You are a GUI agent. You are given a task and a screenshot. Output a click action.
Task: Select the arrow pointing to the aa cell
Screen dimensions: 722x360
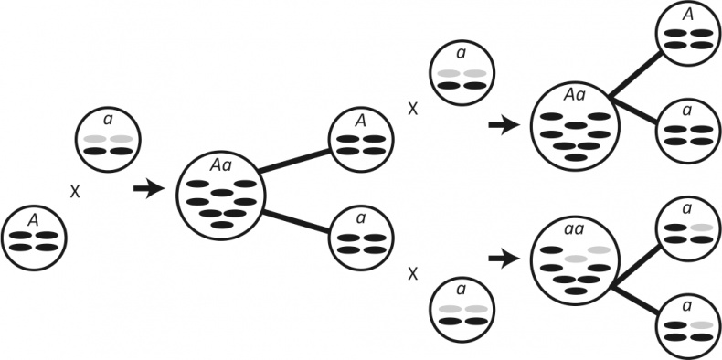pos(504,260)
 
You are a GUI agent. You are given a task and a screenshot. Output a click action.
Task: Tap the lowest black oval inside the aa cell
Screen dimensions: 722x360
pos(576,291)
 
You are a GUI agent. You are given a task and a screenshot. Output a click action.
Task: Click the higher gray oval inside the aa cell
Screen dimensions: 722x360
pos(599,250)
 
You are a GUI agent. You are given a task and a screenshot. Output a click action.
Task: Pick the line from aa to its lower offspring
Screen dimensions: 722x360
pos(635,301)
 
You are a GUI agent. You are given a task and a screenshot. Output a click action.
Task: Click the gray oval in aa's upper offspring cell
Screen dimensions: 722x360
pos(702,228)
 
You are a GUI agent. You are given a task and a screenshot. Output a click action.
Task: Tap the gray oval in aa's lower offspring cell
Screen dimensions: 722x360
pos(702,325)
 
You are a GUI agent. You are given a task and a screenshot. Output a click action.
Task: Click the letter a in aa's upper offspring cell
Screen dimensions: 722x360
pos(688,210)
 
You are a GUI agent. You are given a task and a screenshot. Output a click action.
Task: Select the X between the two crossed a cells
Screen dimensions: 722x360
pos(413,275)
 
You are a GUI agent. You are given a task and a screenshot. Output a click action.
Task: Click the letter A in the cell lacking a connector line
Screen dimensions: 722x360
pos(32,221)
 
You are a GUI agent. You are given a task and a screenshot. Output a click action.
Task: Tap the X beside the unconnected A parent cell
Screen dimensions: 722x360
pos(75,192)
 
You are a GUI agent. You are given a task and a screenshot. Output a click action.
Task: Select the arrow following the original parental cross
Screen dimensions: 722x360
pos(149,188)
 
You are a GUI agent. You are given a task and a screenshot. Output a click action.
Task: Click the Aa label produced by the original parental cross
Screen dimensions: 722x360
pos(219,165)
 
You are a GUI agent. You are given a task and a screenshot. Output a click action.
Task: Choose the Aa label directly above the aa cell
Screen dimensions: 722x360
pos(574,96)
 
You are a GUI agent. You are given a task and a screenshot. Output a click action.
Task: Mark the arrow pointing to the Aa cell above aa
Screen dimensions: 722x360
pos(504,125)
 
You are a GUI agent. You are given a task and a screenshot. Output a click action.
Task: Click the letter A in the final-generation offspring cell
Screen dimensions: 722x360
pos(688,16)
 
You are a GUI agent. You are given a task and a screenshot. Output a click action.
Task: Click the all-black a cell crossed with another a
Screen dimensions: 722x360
pos(362,238)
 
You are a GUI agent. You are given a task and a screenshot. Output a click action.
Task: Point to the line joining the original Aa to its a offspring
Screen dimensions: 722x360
pos(296,221)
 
